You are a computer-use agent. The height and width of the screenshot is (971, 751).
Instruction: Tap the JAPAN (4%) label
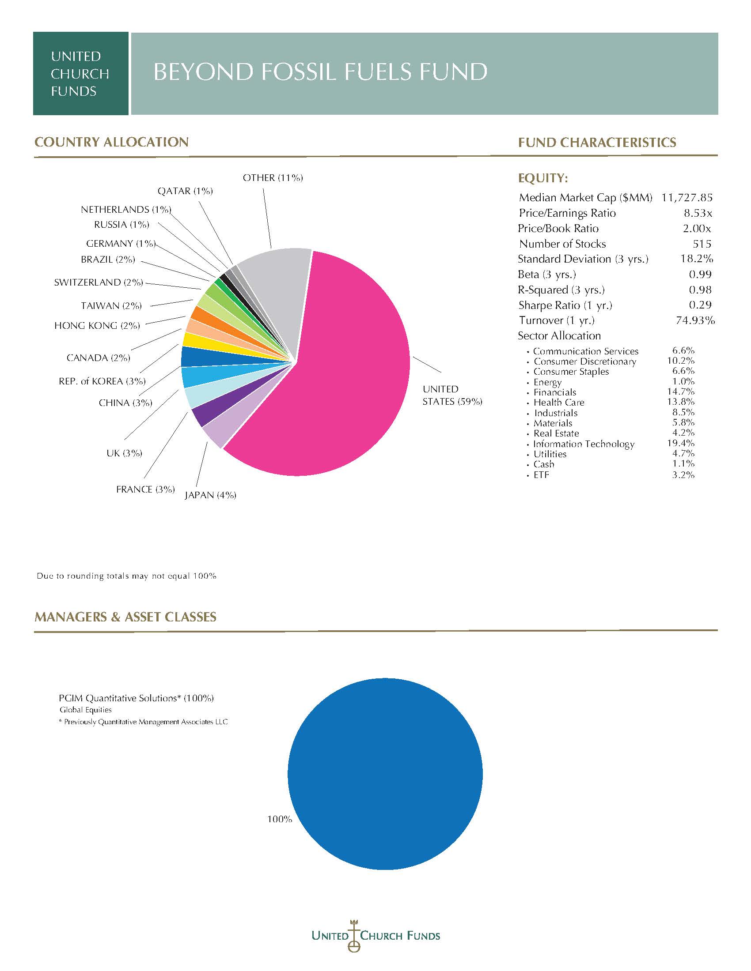point(210,495)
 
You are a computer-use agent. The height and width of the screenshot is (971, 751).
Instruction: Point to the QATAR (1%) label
point(185,191)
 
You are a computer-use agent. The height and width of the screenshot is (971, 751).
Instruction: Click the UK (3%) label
point(124,453)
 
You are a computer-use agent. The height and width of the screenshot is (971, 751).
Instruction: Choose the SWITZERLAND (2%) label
point(99,282)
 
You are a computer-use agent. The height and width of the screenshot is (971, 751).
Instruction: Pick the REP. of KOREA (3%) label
point(102,381)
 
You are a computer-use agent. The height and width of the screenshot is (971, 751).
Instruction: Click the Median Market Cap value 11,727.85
point(687,197)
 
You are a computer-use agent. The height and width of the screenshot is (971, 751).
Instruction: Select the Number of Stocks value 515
point(702,244)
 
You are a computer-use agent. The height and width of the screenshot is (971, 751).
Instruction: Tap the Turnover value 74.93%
point(695,320)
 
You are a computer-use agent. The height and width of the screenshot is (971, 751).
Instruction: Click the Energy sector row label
point(547,382)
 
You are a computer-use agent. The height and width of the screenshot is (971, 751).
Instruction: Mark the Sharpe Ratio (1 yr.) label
point(565,305)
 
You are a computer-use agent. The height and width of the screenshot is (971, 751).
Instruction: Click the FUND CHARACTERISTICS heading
point(597,142)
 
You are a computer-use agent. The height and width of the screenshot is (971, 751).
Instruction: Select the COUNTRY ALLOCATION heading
point(112,142)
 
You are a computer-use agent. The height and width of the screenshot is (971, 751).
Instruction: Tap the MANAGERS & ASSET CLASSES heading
point(125,617)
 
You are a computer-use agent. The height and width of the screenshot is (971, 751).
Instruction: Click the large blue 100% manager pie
point(385,774)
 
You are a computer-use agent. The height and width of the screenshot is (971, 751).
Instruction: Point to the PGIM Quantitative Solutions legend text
point(136,698)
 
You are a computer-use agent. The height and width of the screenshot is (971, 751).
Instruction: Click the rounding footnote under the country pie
point(126,576)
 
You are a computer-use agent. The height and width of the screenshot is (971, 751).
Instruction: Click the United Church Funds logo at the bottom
point(375,935)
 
